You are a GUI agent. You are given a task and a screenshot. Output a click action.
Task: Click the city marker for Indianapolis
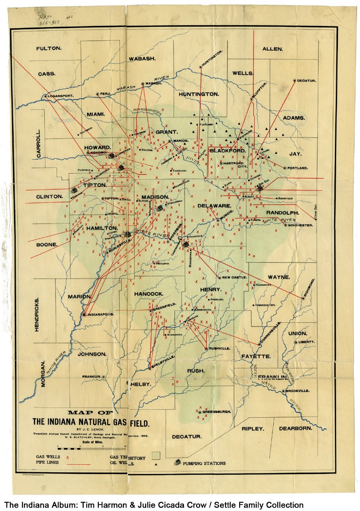84,314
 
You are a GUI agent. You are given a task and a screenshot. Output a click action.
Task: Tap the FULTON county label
49,49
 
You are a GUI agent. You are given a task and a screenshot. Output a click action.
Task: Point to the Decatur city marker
294,80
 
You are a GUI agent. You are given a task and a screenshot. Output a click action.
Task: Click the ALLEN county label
272,49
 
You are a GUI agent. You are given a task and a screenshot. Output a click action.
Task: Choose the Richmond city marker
303,298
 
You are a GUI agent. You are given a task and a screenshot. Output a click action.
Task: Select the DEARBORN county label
296,428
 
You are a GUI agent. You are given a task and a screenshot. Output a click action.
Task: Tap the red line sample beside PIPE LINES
77,464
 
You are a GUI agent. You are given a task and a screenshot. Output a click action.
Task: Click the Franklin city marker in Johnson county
103,377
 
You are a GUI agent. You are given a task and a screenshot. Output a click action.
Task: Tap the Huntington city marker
200,67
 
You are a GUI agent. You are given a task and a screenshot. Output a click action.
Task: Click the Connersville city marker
259,344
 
